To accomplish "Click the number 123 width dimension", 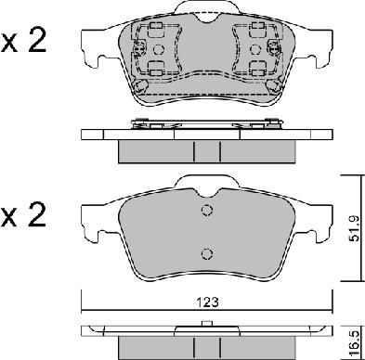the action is point(208,302).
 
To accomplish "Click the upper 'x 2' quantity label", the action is point(23,41).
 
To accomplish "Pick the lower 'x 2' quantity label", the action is point(23,215).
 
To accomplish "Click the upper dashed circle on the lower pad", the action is point(207,211).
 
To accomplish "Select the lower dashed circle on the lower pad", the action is point(207,253).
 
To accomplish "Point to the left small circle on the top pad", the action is point(159,49).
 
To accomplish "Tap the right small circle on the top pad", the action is point(255,49).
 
